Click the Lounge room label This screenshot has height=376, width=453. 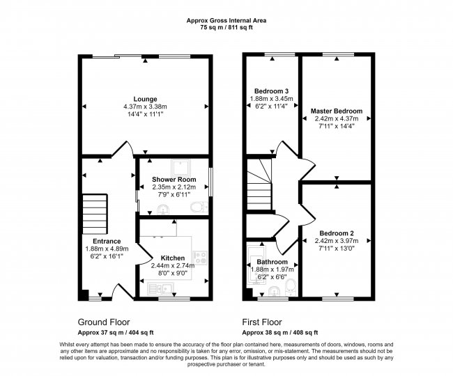pos(145,100)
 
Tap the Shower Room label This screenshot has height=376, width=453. pos(174,180)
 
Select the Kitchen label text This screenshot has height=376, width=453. pos(172,258)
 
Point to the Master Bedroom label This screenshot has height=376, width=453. pos(337,111)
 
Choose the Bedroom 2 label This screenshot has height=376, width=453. pos(337,233)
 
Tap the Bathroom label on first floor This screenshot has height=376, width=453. pos(272,262)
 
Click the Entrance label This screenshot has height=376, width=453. pos(107,241)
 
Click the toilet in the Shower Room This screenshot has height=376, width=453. pos(199,207)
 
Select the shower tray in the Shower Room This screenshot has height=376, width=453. pos(181,168)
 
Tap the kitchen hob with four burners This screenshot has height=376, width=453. pos(199,258)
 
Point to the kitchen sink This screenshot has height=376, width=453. pos(160,289)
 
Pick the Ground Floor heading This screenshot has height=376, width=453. pos(104,322)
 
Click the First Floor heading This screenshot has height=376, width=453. pos(262,322)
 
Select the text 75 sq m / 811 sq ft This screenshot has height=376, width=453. pos(227,28)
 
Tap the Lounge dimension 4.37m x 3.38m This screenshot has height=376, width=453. pos(145,107)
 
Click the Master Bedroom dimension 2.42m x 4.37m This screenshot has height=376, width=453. pos(337,118)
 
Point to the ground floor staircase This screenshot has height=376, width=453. pos(95,214)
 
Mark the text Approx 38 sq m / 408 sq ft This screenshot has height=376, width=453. pos(280,332)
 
